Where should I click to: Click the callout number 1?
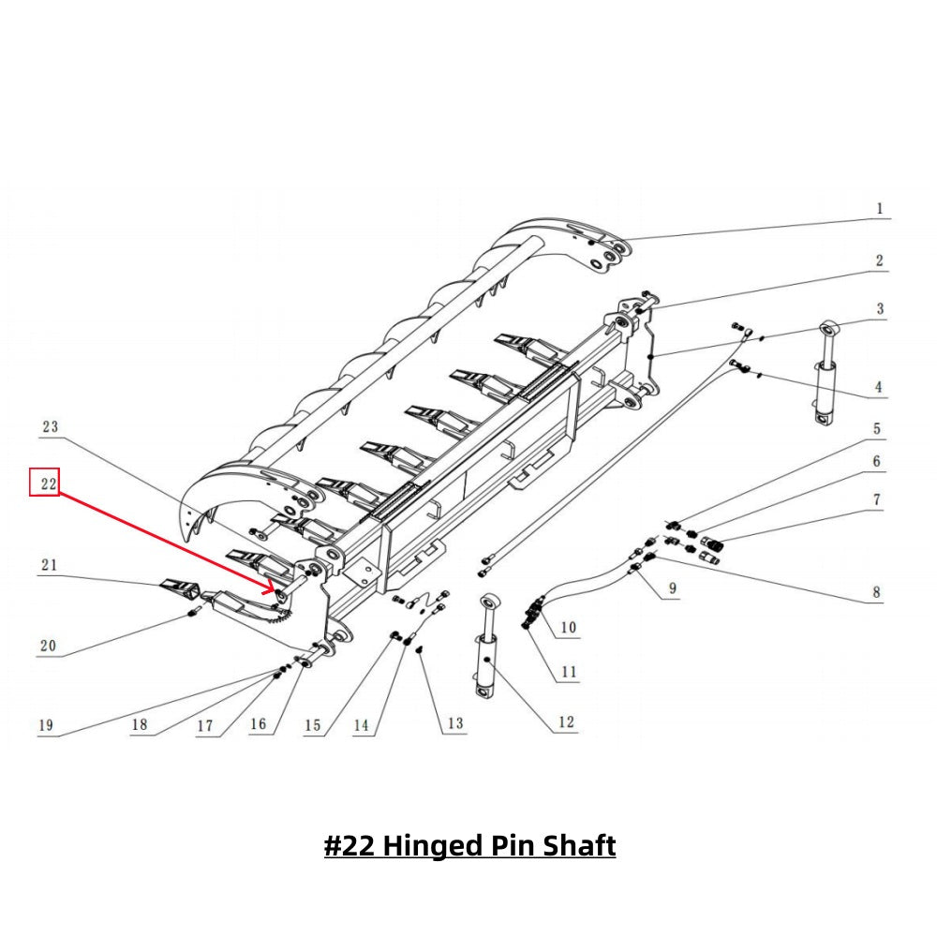[x=879, y=208]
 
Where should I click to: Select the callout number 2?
[x=879, y=260]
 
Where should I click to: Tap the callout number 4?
[x=879, y=386]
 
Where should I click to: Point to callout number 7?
[x=877, y=499]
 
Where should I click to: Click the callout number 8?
[x=876, y=592]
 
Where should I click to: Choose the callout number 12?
[x=566, y=722]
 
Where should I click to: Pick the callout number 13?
[x=454, y=723]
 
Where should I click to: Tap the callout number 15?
[x=313, y=725]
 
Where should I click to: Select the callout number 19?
[x=45, y=725]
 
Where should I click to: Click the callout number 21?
[x=49, y=564]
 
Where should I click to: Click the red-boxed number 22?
[x=45, y=483]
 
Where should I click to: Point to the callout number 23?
[x=50, y=426]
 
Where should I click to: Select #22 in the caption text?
[x=350, y=846]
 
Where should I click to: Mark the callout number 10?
[x=569, y=627]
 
